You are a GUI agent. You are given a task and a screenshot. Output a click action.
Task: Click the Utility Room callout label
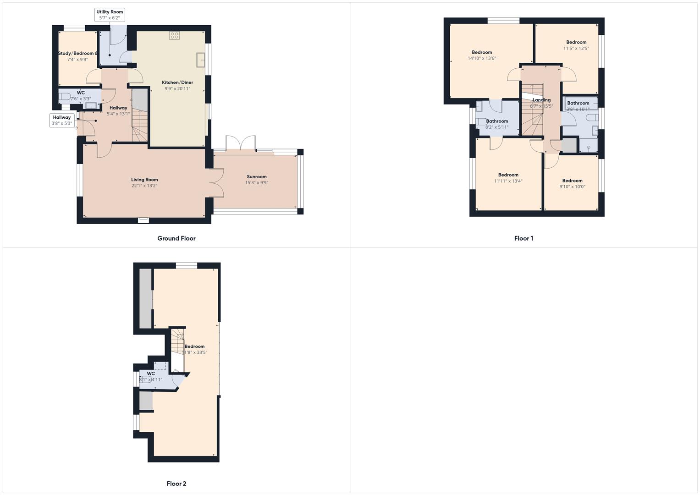pos(110,15)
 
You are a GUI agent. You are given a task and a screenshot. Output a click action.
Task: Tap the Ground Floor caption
pos(176,238)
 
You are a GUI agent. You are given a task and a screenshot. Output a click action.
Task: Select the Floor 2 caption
pos(176,484)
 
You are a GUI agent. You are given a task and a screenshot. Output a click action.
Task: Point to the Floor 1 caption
pos(524,238)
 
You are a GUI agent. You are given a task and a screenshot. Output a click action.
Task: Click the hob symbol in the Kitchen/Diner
pos(174,35)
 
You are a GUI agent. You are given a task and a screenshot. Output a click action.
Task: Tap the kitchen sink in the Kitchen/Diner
pos(200,60)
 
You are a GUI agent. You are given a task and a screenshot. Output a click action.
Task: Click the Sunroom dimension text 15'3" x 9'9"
pos(257,182)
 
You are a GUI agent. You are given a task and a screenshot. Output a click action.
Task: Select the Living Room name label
pos(144,180)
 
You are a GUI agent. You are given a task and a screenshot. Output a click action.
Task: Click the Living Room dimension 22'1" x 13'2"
pos(144,186)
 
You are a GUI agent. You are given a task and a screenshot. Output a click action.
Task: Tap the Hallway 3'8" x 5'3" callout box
pos(62,120)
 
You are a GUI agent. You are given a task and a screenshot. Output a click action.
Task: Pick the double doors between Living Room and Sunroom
pos(216,183)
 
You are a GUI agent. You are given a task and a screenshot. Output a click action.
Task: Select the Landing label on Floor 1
pos(541,100)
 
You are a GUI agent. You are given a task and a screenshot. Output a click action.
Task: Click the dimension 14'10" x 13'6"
pos(482,58)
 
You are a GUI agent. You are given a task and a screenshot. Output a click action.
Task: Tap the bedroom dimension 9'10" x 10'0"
pos(572,187)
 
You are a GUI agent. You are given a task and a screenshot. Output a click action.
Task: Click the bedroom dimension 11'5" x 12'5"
pos(576,48)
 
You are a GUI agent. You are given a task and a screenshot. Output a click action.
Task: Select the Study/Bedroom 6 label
pos(77,53)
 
